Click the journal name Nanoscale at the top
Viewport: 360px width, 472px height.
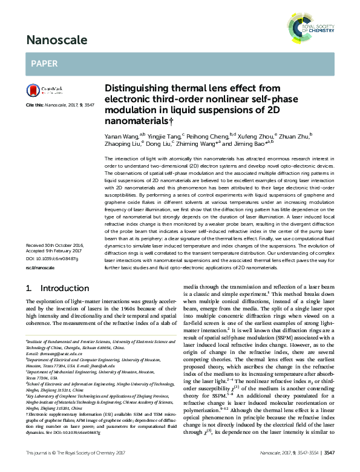pos(54,41)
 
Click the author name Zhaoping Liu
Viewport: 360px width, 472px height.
pos(122,145)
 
